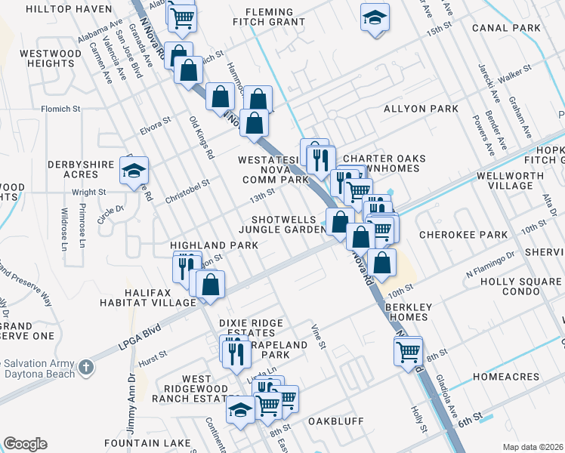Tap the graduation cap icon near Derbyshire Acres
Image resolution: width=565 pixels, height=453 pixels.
(x=134, y=171)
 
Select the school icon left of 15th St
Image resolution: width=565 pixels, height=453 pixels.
(x=374, y=17)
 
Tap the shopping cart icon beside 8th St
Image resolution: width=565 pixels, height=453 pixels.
(x=408, y=349)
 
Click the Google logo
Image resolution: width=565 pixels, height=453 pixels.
(x=25, y=444)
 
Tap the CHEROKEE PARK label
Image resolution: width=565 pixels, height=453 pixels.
(x=463, y=235)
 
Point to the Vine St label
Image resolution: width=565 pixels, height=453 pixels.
(x=320, y=336)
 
